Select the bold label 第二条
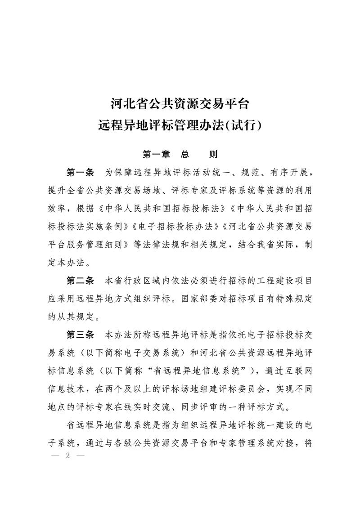(80, 281)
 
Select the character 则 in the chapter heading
(213, 154)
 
